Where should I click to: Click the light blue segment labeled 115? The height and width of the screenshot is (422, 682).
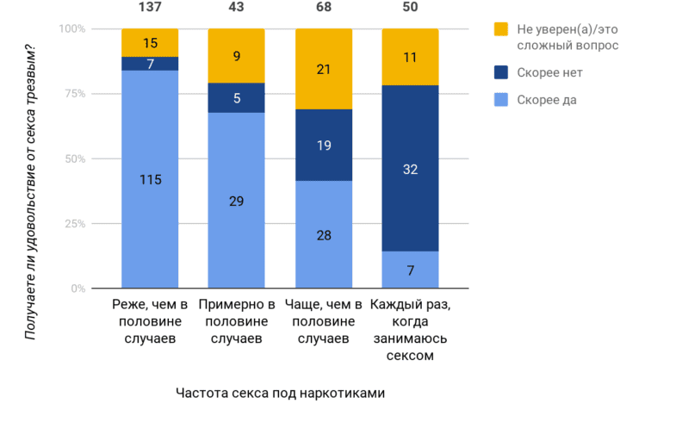point(150,180)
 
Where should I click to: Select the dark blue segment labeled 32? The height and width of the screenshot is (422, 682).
point(410,168)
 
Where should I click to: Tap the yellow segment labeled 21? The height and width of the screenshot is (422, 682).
point(323,69)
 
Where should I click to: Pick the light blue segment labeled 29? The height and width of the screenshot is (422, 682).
point(237,201)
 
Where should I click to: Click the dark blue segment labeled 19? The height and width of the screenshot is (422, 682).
point(323,146)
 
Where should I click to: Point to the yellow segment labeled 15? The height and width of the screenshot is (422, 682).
point(150,42)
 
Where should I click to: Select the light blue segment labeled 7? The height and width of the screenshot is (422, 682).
point(410,270)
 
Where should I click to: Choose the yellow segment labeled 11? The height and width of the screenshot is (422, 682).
point(410,57)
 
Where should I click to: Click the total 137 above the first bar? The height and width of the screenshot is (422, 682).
point(150,8)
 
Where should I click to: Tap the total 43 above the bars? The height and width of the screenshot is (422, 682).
point(237,8)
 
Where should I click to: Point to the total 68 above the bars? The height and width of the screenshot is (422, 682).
point(323,8)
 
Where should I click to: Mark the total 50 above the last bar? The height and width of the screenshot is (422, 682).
point(410,8)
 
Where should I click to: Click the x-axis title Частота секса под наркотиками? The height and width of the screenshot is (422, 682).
point(280,393)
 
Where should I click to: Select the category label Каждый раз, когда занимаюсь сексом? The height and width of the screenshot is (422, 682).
point(410,330)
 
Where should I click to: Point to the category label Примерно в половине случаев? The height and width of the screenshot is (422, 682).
point(237,321)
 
